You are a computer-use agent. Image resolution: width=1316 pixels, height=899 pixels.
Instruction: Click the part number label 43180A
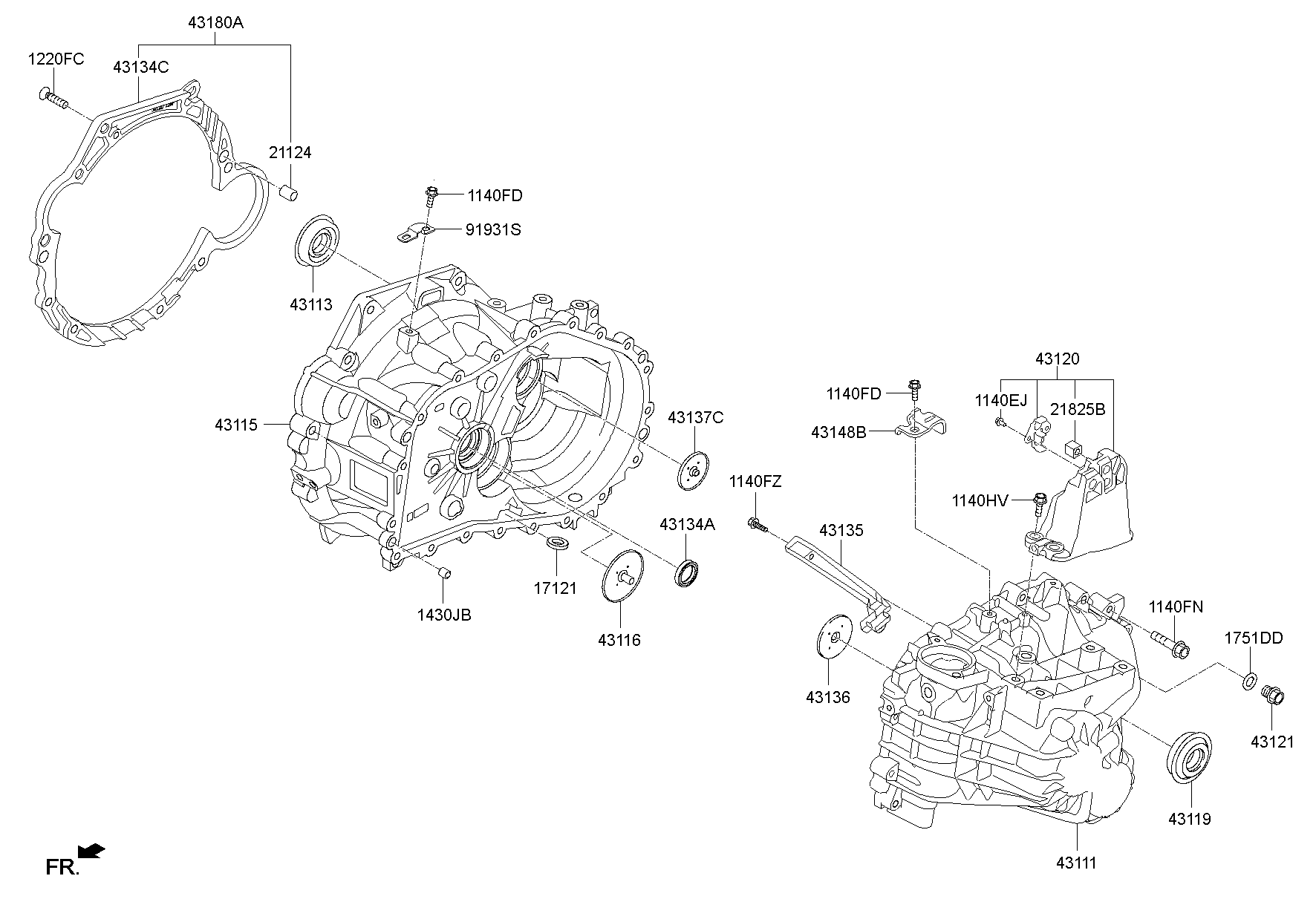215,23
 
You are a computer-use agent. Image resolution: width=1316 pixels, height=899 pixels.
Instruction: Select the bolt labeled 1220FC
52,99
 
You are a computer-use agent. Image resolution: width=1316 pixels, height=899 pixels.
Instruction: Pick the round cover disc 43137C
694,471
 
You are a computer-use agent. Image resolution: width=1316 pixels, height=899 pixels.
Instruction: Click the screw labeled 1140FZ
758,525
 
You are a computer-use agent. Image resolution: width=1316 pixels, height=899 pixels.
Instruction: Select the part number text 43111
1076,862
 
